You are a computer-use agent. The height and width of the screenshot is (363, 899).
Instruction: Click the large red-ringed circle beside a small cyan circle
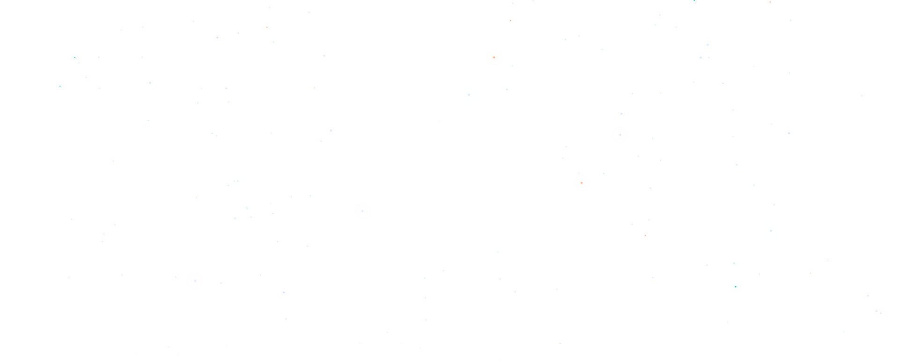tap(494, 58)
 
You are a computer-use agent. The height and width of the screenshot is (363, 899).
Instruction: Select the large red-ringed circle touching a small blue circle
tap(582, 183)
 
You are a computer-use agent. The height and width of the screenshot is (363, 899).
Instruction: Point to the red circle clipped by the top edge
tap(770, 2)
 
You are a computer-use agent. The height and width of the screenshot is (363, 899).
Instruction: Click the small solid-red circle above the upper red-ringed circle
tap(511, 21)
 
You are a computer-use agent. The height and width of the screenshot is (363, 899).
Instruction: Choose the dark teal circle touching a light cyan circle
tap(75, 58)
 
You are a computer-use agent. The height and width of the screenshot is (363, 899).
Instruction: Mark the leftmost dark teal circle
tap(60, 86)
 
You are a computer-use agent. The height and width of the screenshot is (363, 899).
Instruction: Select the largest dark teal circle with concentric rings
tap(736, 287)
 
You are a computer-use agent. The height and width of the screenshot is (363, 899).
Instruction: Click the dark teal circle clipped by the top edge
tap(694, 1)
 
